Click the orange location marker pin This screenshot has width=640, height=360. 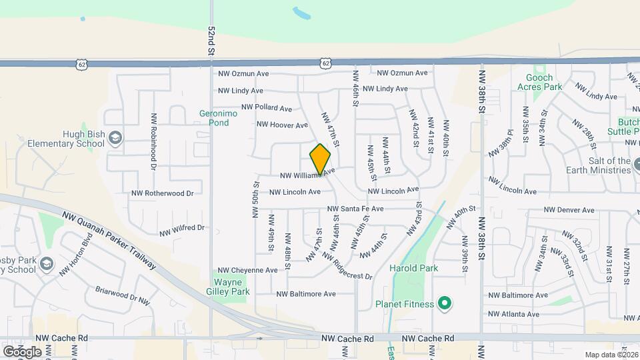pos(320,160)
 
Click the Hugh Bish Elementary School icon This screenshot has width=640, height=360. pos(115,137)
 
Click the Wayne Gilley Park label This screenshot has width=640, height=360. pos(231,287)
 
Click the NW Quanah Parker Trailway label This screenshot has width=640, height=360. pos(110,240)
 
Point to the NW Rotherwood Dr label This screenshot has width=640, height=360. pos(162,193)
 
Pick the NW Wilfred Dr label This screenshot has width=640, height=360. pos(182,229)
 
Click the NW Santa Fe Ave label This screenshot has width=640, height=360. pos(355,209)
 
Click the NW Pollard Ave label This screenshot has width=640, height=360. pos(267,107)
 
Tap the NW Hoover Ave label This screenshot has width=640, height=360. pos(282,125)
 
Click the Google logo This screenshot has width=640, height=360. pos(22,351)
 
